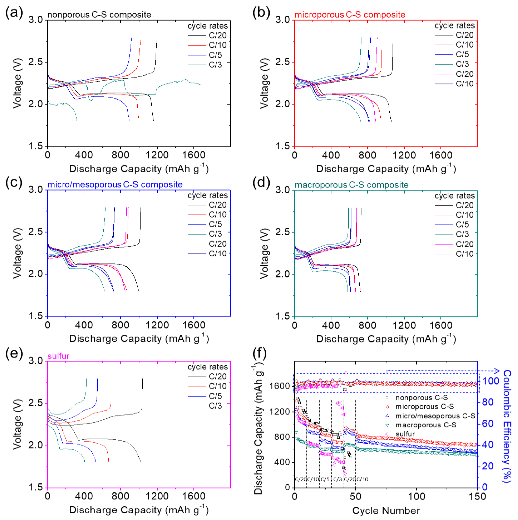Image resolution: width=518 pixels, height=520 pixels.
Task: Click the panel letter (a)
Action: [14, 13]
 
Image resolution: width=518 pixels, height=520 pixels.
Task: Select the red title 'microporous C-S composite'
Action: [350, 14]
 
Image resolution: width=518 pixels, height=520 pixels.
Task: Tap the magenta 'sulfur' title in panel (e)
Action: [58, 356]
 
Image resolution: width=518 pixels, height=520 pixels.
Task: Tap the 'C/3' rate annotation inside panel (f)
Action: [337, 479]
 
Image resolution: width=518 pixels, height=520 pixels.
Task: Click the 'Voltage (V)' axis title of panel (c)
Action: [17, 253]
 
